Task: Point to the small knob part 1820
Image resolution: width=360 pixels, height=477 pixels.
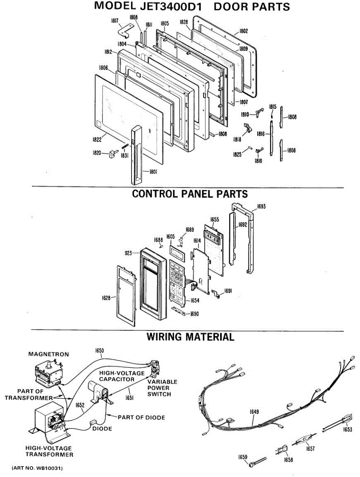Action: [112, 154]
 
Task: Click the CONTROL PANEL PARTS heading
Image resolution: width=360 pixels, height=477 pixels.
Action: [190, 194]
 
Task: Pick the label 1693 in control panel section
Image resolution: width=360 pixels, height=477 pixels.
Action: [261, 206]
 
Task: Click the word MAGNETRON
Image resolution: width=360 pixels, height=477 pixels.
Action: [48, 354]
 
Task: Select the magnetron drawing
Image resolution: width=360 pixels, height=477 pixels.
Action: [48, 372]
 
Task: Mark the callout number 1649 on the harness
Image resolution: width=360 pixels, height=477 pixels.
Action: [255, 412]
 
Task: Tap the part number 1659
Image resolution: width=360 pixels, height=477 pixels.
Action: [243, 457]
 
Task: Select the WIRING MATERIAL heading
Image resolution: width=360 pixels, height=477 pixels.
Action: [190, 337]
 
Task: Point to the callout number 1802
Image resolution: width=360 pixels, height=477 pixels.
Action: [244, 31]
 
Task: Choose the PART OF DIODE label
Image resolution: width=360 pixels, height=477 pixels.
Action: [141, 417]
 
